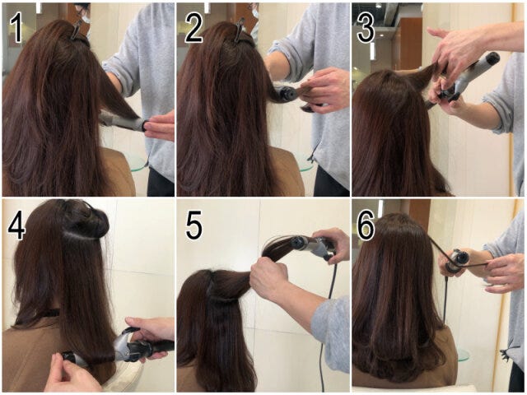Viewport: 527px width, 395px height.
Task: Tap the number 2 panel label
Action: coord(194,28)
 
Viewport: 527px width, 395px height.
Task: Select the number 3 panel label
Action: coord(366,28)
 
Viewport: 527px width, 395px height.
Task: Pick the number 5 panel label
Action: coord(194,225)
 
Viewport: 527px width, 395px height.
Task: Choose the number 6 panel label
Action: coord(366,225)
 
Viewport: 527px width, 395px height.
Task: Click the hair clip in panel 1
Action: coord(77,30)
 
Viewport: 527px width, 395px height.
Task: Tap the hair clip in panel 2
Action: coord(240,30)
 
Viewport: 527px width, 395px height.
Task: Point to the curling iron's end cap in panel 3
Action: coord(492,59)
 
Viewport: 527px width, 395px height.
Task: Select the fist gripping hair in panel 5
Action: coord(269,278)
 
